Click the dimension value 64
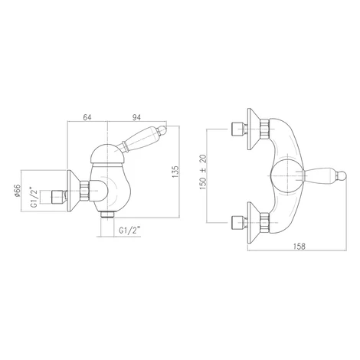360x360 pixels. (87, 117)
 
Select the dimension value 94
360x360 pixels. (136, 117)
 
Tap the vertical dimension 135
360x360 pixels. (175, 172)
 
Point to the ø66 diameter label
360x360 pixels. (17, 191)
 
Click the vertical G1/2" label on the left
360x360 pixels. (34, 198)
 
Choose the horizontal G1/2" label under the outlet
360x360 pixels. (130, 231)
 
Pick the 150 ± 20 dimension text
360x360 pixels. (203, 172)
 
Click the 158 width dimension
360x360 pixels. (299, 246)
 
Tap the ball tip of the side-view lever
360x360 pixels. (162, 129)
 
